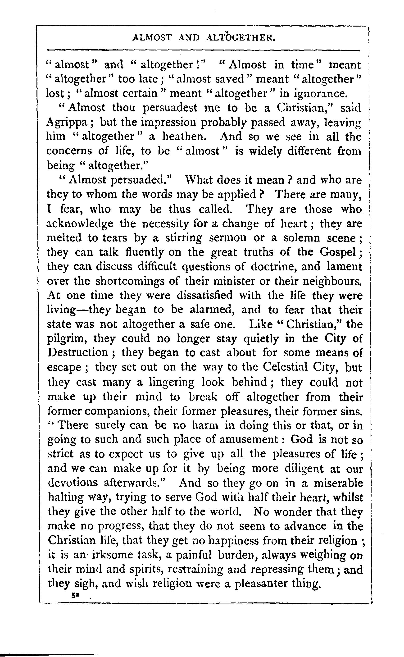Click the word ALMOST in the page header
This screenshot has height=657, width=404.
152,38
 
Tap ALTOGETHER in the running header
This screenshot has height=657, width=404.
241,38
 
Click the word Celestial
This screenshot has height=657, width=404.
285,367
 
